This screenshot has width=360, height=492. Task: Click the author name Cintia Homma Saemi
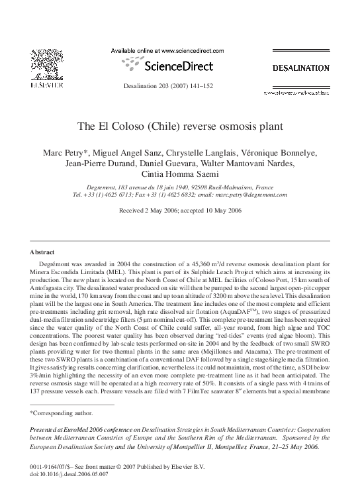(179, 176)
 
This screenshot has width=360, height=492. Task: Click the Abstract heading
(42, 252)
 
